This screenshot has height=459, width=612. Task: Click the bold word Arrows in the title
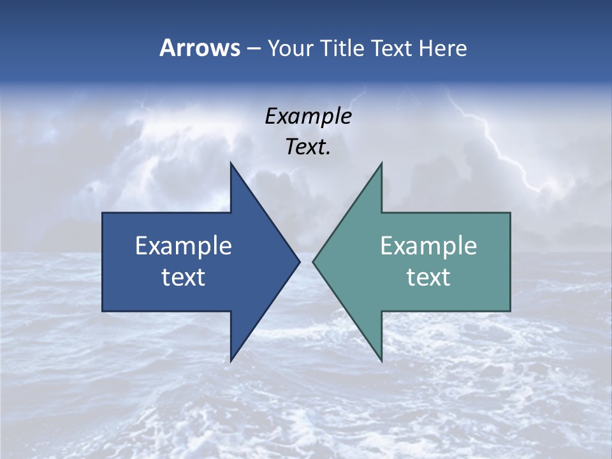pyautogui.click(x=200, y=48)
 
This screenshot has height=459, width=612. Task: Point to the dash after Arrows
pyautogui.click(x=253, y=49)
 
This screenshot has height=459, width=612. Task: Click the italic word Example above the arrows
pyautogui.click(x=308, y=116)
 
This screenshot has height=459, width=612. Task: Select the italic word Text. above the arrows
pyautogui.click(x=308, y=147)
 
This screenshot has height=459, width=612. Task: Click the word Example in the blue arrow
pyautogui.click(x=184, y=246)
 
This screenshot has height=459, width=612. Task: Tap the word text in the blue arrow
pyautogui.click(x=184, y=277)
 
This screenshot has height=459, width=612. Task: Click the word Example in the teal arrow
pyautogui.click(x=428, y=246)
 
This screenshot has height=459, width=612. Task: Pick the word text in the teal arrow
pyautogui.click(x=428, y=277)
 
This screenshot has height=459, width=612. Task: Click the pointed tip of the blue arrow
pyautogui.click(x=298, y=261)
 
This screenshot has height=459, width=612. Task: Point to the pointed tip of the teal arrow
pyautogui.click(x=315, y=261)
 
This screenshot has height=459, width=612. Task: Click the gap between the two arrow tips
pyautogui.click(x=306, y=261)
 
